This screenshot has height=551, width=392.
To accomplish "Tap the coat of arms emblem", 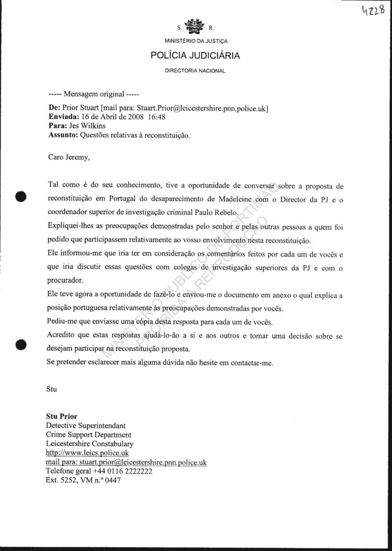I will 196,27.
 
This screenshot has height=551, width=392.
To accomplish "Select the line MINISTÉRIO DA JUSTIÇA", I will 196,41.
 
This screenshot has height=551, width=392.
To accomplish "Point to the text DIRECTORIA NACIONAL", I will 195,71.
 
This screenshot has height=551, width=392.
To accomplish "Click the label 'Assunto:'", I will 63,134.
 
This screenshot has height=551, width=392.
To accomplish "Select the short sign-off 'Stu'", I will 51,389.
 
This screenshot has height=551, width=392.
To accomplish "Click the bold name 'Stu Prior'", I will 62,417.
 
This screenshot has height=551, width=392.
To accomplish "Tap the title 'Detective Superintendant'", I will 86,425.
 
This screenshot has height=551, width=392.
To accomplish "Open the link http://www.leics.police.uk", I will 87,453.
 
